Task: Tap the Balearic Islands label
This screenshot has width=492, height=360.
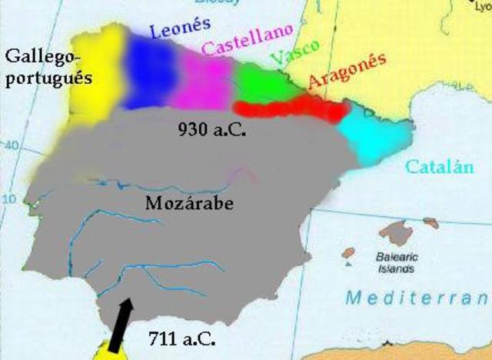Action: (x=396, y=265)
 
